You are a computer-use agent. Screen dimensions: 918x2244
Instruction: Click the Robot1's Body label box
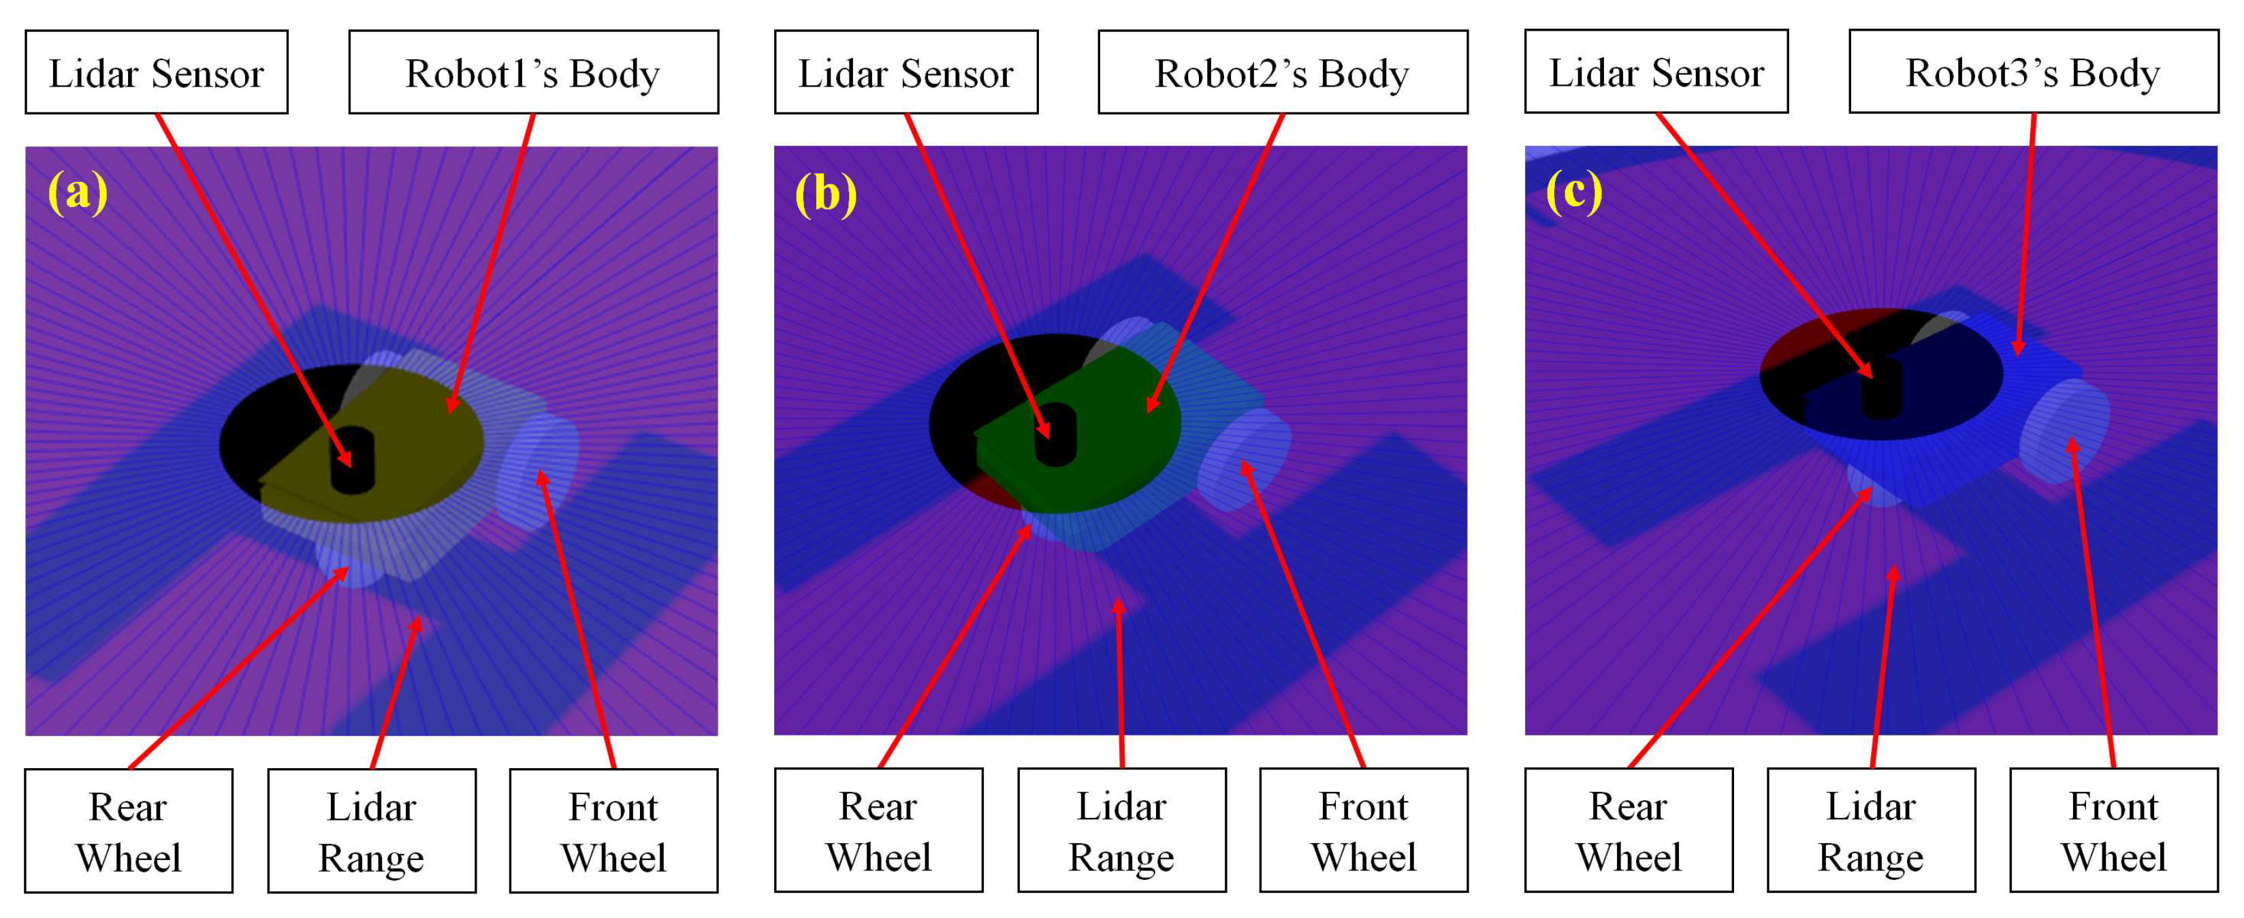coord(533,72)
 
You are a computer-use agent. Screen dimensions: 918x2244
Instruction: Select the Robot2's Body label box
coord(1282,72)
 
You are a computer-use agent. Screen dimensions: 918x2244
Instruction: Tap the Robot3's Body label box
coord(2033,72)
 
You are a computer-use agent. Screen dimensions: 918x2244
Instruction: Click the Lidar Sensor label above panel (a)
coord(156,72)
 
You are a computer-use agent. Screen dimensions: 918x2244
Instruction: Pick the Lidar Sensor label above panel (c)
coord(1656,72)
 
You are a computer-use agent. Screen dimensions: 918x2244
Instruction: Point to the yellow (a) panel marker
coord(78,191)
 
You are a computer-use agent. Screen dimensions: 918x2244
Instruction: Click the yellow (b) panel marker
coord(826,193)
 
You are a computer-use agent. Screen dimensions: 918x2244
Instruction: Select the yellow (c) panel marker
coord(1574,191)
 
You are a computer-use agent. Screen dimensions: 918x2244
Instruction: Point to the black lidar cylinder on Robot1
coord(352,460)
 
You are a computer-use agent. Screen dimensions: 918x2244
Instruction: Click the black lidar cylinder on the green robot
coord(1055,434)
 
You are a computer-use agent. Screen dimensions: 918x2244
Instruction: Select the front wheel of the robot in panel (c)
coord(2064,430)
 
